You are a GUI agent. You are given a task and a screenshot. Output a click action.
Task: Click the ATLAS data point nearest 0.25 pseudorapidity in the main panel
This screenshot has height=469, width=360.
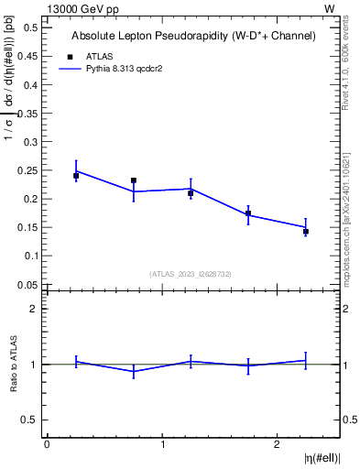tap(76, 175)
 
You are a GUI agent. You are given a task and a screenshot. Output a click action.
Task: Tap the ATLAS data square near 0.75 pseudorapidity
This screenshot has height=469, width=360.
tap(134, 180)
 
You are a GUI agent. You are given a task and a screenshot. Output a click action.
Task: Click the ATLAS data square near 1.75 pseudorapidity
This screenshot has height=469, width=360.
tap(248, 213)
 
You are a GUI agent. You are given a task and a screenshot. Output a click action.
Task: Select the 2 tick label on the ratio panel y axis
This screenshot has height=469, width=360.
tap(35, 309)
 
